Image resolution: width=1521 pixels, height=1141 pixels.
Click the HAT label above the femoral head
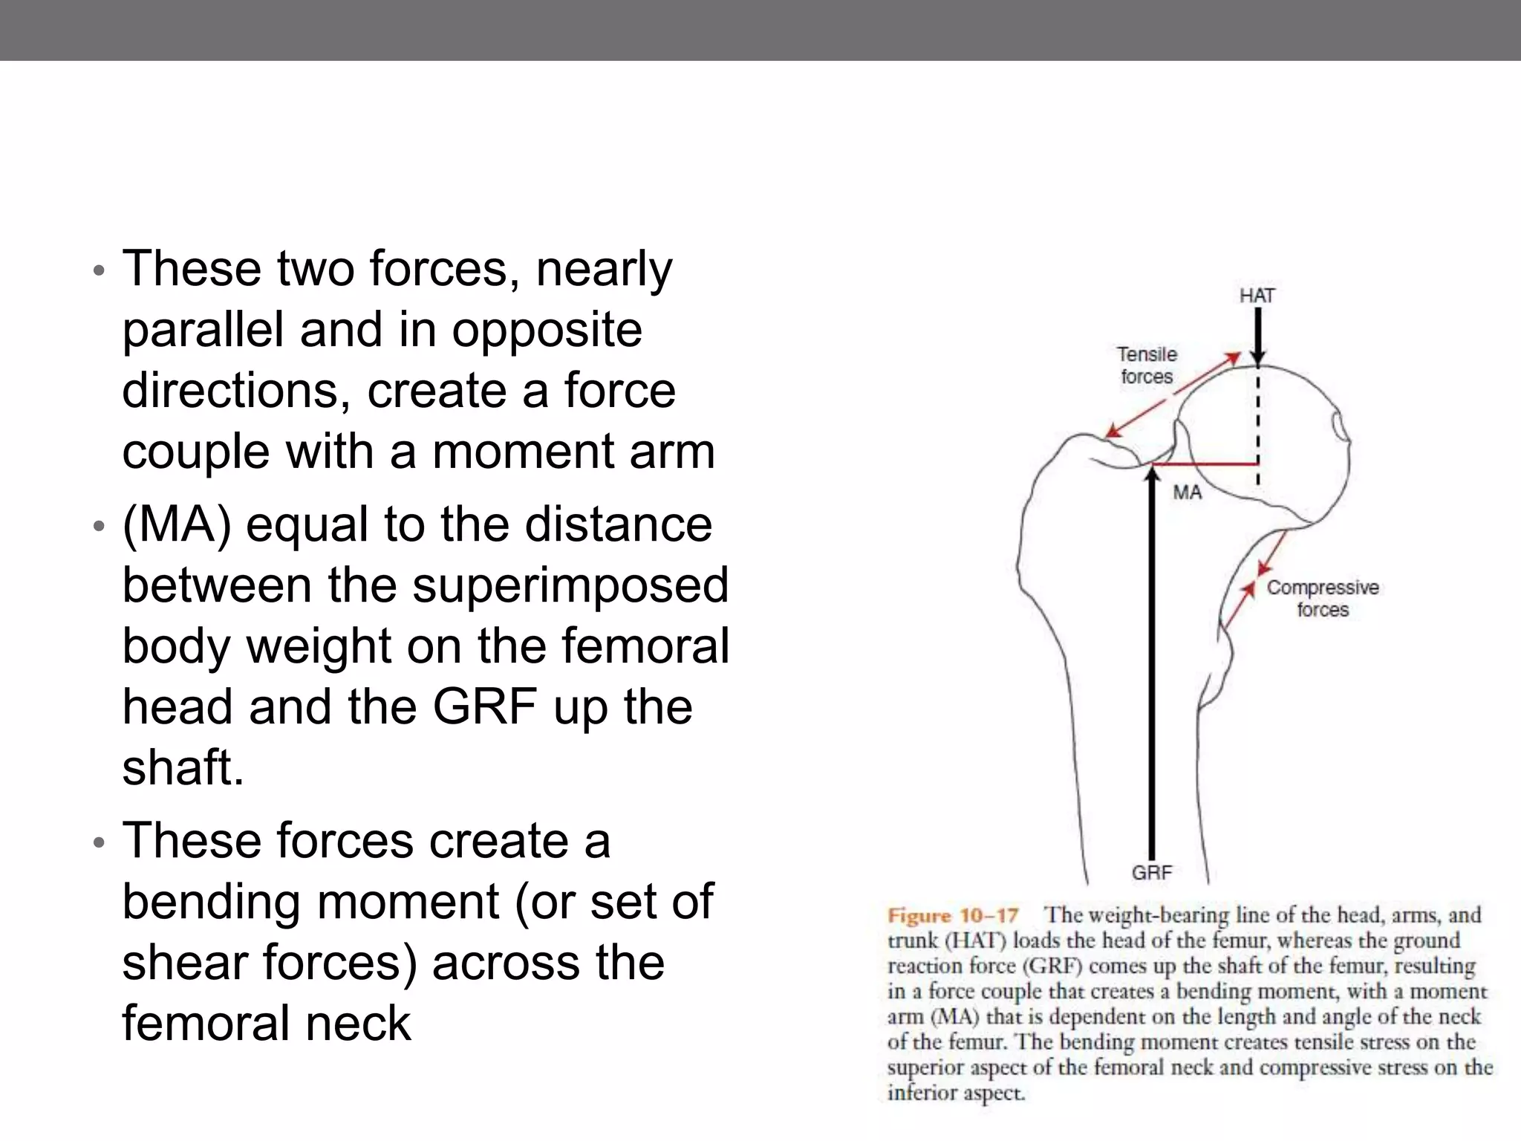[x=1257, y=296]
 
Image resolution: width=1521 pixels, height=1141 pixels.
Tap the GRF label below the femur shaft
[x=1151, y=873]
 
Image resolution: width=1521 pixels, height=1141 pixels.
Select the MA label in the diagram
[x=1187, y=493]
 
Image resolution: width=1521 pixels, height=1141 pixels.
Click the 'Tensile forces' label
[x=1147, y=365]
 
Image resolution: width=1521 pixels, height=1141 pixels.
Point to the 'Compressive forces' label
[x=1322, y=598]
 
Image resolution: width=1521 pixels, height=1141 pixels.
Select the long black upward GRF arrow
[x=1151, y=669]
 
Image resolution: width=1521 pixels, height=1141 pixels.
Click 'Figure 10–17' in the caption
[x=953, y=915]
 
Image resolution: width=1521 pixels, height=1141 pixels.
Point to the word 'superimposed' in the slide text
[x=570, y=585]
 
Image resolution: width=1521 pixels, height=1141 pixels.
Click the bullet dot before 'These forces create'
[x=99, y=843]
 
